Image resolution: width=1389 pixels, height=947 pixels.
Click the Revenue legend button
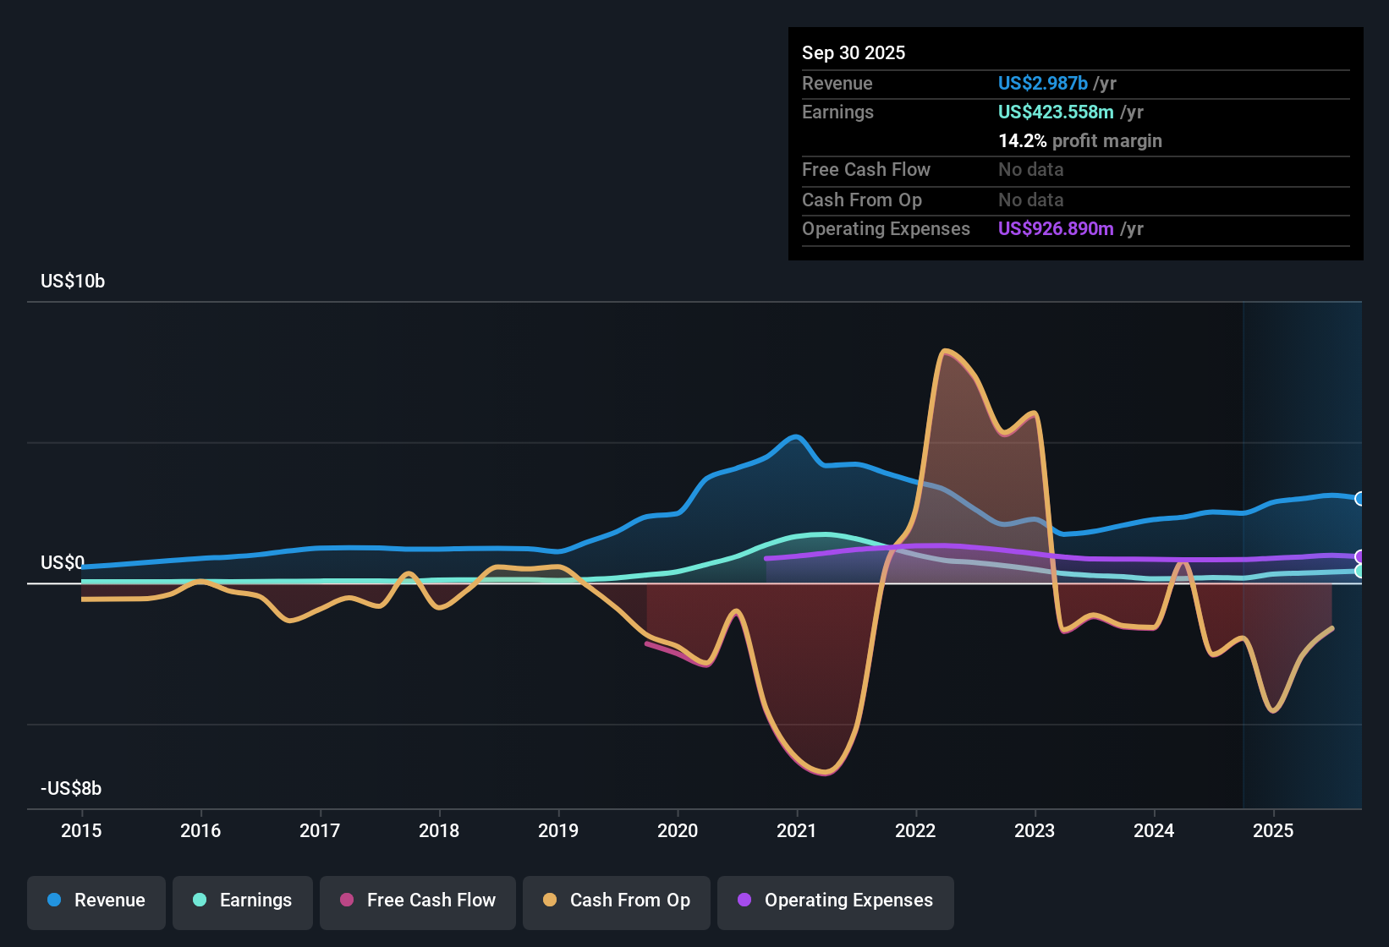96,900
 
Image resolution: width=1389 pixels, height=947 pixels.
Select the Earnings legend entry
243,900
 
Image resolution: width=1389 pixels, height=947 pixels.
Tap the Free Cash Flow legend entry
418,900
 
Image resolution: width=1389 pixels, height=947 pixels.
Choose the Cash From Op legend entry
617,900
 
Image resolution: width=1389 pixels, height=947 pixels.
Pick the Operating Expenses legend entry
836,900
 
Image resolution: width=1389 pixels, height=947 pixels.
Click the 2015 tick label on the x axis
81,831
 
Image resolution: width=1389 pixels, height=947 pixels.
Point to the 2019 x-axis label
558,831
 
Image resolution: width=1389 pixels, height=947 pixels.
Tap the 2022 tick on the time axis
915,831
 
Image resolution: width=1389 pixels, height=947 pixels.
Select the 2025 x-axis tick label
1273,831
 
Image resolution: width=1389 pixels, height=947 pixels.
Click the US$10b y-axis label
73,282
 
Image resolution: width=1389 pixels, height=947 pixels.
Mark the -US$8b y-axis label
71,789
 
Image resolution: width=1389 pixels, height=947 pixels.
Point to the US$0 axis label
63,563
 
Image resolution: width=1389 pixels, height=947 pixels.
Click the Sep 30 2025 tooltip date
854,53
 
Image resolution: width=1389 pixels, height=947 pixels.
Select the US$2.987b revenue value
1043,84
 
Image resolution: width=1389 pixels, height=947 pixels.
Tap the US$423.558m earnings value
1056,112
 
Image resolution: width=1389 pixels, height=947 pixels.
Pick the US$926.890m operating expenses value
1056,229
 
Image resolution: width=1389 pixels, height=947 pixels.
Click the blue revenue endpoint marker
1360,499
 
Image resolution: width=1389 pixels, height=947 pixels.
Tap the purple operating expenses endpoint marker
1360,557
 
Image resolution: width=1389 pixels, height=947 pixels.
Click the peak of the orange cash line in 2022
945,350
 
